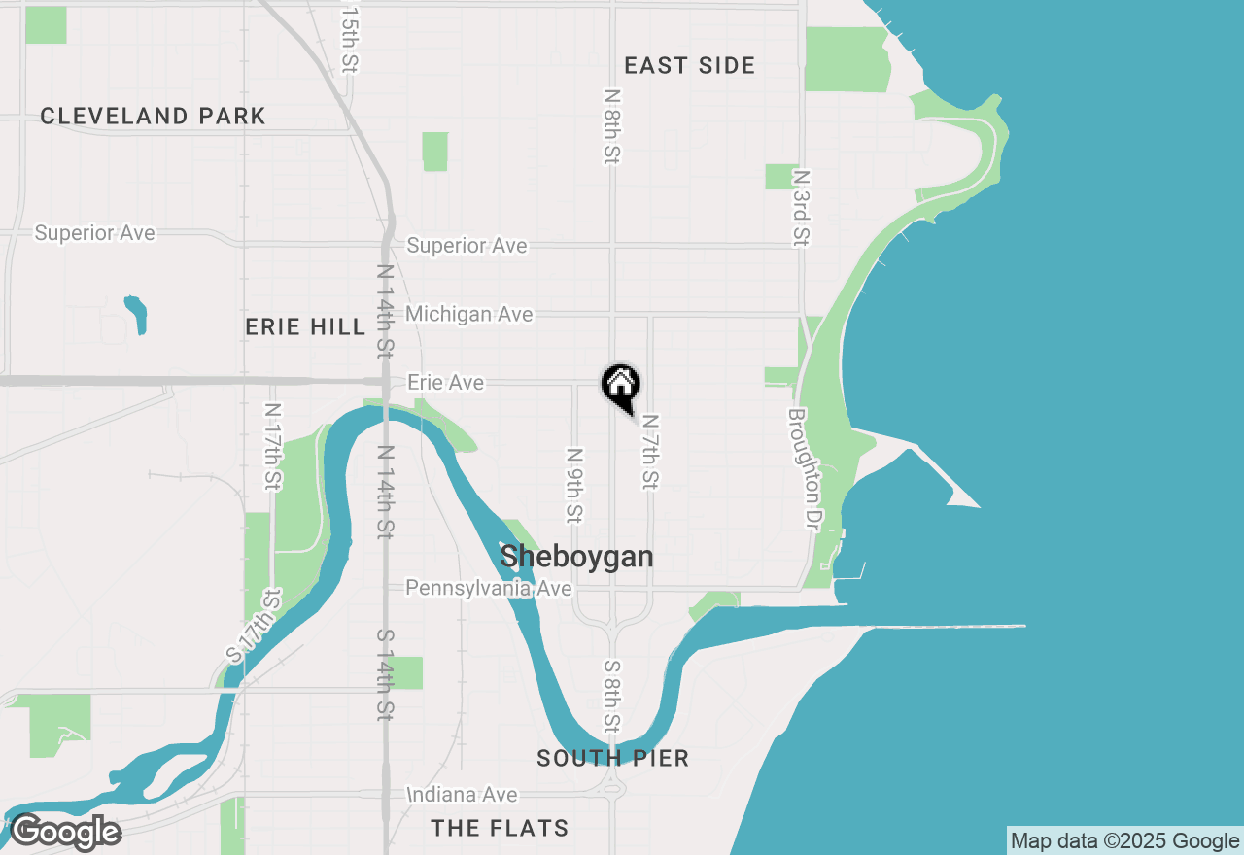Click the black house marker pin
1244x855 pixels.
pos(621,386)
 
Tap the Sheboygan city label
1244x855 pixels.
pos(576,557)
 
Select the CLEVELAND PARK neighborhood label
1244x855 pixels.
pos(153,117)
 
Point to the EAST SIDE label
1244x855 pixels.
pos(689,66)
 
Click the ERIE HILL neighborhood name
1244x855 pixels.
pos(305,327)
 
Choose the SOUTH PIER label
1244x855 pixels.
pos(612,759)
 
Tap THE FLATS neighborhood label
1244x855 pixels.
pos(501,829)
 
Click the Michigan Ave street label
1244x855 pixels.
pos(468,314)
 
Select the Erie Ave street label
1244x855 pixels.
pos(445,383)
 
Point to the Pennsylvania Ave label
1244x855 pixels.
pos(488,588)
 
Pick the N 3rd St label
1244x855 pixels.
pos(802,208)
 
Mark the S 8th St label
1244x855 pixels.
pos(611,696)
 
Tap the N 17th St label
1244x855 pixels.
pos(272,446)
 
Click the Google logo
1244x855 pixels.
pos(65,832)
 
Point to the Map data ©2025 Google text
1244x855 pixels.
pos(1124,841)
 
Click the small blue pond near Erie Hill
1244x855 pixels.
pos(136,314)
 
